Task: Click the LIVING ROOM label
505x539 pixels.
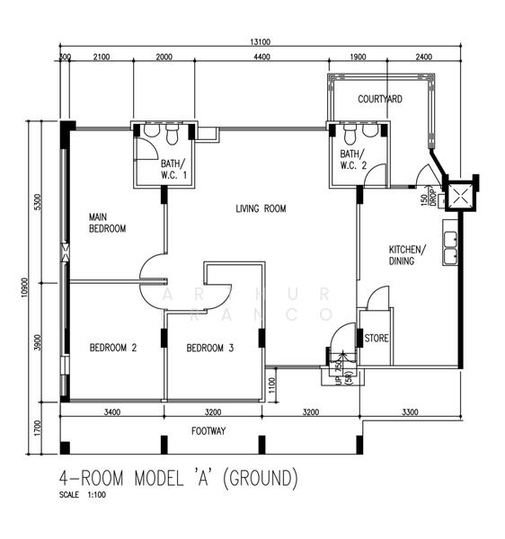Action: point(261,208)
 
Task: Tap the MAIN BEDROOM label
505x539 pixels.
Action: point(107,223)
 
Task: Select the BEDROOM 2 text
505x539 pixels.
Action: point(113,348)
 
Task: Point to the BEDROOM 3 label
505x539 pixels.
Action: point(210,348)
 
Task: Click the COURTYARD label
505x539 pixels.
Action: point(379,99)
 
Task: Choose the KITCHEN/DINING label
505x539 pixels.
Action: point(408,254)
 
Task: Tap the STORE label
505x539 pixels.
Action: point(376,339)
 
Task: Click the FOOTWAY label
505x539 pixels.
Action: point(208,431)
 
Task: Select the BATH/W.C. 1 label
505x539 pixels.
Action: point(173,168)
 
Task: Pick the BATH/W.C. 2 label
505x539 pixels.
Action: point(353,160)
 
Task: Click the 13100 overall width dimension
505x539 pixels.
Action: point(261,41)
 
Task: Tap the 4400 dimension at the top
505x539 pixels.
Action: point(261,57)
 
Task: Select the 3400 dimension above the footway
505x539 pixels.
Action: point(111,412)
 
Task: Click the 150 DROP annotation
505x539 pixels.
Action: point(430,197)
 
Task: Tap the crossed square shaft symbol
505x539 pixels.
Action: point(462,194)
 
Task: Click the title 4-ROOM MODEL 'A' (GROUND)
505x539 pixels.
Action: point(178,477)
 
